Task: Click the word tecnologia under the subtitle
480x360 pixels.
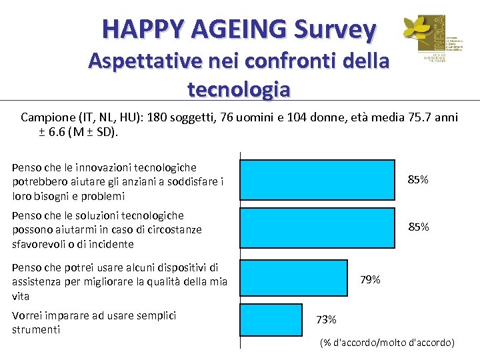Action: (239, 88)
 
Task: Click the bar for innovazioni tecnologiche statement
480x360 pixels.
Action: (317, 180)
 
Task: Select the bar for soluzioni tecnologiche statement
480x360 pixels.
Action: (317, 227)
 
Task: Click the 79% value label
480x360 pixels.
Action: (370, 279)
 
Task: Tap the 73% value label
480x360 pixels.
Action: (326, 319)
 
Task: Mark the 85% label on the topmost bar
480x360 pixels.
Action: (418, 180)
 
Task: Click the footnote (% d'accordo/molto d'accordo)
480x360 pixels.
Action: (387, 343)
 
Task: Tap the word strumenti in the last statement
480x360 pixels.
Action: (36, 330)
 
